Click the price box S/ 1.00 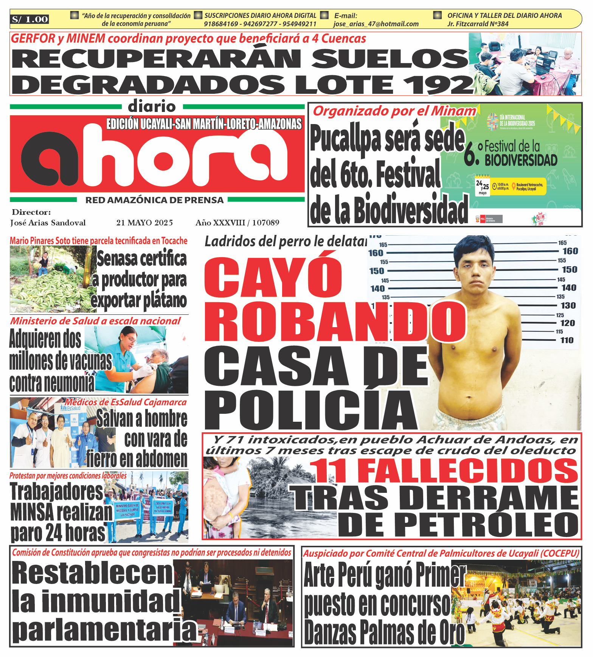tap(29, 19)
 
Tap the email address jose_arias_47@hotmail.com tap(376, 24)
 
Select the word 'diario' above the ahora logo tap(152, 106)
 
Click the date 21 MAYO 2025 tap(144, 222)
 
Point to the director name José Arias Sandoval tap(48, 222)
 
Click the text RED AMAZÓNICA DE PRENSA tap(154, 200)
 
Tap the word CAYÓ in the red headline tap(273, 277)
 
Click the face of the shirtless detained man tap(475, 270)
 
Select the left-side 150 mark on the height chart tap(377, 271)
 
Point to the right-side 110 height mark tap(567, 340)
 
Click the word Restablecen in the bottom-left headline tap(92, 573)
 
